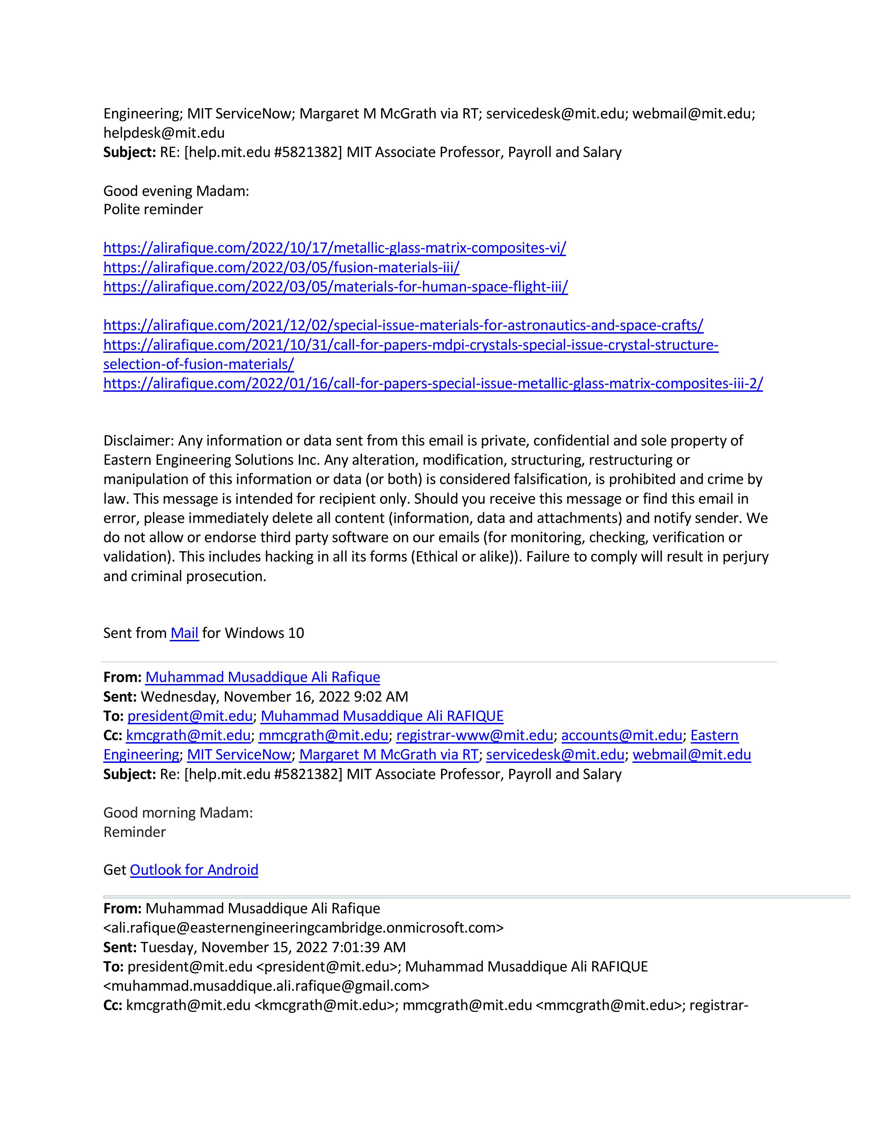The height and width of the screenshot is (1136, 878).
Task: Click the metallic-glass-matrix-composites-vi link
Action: (x=334, y=248)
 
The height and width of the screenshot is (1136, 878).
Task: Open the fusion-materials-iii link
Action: (x=281, y=267)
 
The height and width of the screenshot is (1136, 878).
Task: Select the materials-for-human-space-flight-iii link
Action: (x=335, y=287)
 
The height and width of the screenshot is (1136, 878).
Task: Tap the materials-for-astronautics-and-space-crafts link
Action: (x=403, y=326)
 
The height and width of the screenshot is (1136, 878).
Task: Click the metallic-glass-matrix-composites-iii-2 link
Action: (x=433, y=384)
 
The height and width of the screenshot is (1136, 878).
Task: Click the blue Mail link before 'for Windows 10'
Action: (x=184, y=633)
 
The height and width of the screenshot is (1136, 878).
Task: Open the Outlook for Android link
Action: (x=194, y=870)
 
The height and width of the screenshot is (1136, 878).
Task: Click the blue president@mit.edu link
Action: (x=190, y=716)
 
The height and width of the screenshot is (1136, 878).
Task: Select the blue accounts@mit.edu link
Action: (x=621, y=736)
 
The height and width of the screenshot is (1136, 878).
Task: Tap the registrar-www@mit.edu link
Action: (x=474, y=736)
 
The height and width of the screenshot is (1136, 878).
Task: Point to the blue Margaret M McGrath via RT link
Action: (x=388, y=755)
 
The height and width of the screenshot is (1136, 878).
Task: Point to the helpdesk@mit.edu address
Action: (x=164, y=133)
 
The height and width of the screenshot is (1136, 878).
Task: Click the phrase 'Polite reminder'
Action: (x=153, y=210)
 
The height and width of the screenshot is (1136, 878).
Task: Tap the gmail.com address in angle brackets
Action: (x=266, y=986)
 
